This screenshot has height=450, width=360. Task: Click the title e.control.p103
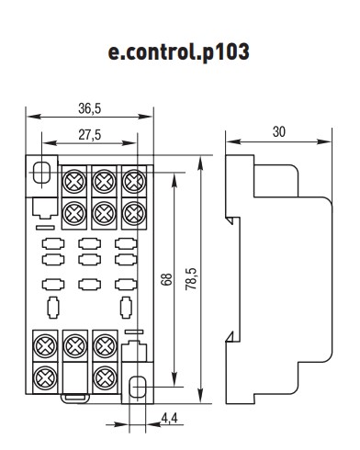[180, 52]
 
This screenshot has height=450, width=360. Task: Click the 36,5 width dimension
[89, 107]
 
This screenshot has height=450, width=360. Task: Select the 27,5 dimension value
[89, 134]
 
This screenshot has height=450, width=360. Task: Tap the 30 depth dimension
[278, 132]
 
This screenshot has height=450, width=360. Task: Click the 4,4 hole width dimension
[170, 420]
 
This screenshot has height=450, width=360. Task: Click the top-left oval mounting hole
[41, 172]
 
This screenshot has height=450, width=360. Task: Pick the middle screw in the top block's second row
[103, 212]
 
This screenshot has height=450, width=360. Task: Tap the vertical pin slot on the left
[52, 306]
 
